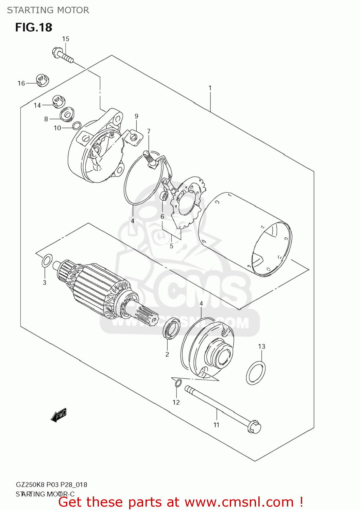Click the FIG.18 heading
34,27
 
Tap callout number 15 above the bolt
66,39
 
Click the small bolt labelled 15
63,55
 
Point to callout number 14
37,105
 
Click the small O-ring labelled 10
77,125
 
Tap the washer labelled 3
47,261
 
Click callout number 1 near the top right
210,88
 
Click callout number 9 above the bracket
136,116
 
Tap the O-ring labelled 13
256,373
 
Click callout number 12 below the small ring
176,402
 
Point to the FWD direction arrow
58,415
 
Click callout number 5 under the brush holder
171,246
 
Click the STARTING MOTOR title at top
48,10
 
